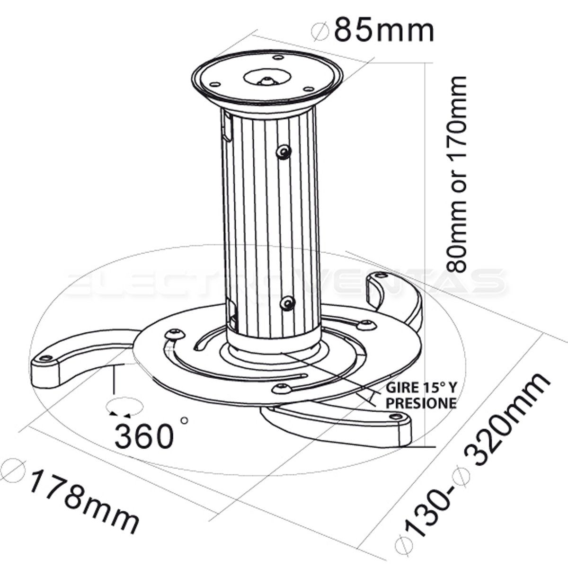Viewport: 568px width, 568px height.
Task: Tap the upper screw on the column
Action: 284,151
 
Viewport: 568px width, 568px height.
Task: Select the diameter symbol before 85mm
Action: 322,31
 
